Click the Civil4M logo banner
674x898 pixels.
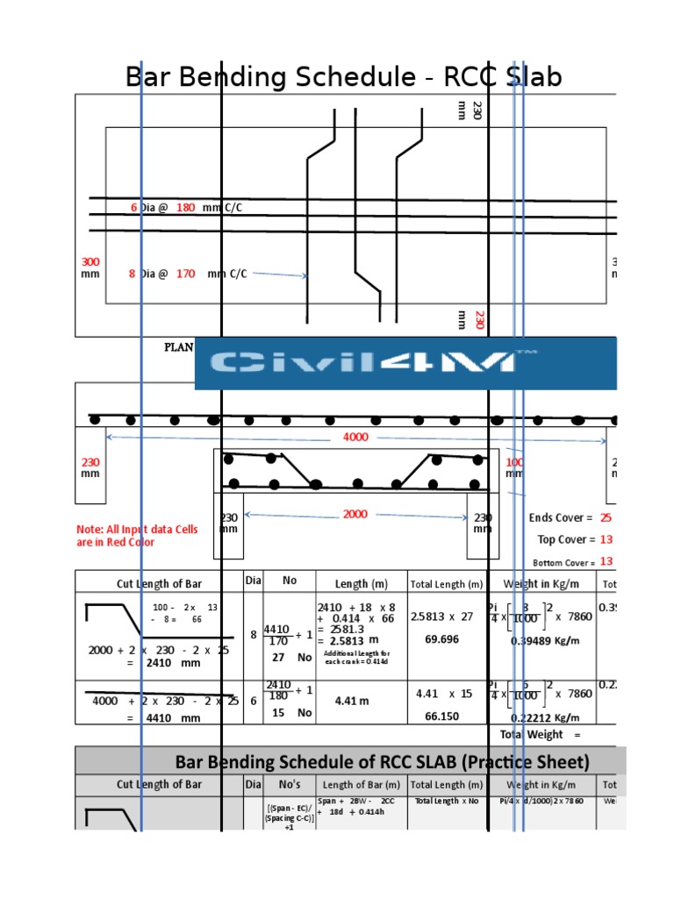pyautogui.click(x=405, y=362)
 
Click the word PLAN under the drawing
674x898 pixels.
pyautogui.click(x=179, y=346)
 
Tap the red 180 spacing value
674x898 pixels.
pyautogui.click(x=185, y=208)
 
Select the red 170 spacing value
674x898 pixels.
pyautogui.click(x=185, y=274)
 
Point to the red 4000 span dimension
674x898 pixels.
pyautogui.click(x=355, y=437)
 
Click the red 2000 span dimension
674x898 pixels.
pyautogui.click(x=355, y=515)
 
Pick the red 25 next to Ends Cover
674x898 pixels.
pyautogui.click(x=606, y=518)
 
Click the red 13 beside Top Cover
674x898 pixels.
pyautogui.click(x=606, y=540)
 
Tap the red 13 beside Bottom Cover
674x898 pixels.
pyautogui.click(x=606, y=562)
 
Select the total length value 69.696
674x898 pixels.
pyautogui.click(x=442, y=639)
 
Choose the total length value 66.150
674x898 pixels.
pyautogui.click(x=442, y=716)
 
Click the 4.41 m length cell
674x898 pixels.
pyautogui.click(x=350, y=702)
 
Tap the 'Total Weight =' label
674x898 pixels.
pyautogui.click(x=540, y=734)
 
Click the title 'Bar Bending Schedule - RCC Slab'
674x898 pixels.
pyautogui.click(x=343, y=77)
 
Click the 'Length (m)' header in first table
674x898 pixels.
pyautogui.click(x=362, y=584)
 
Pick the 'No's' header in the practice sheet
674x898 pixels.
pyautogui.click(x=289, y=785)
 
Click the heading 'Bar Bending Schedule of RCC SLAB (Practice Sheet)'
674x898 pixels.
pyautogui.click(x=383, y=761)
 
